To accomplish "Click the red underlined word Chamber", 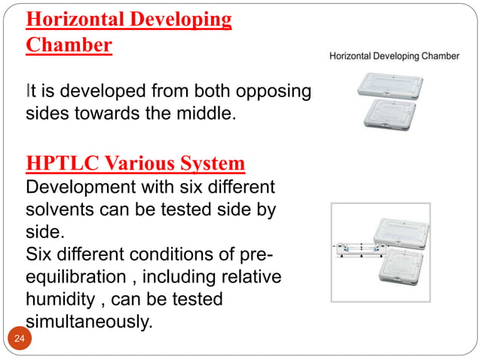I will coord(69,44).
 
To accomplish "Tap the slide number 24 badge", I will coord(19,340).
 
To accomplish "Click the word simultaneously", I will coord(87,322).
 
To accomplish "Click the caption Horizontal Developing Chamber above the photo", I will coord(394,56).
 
